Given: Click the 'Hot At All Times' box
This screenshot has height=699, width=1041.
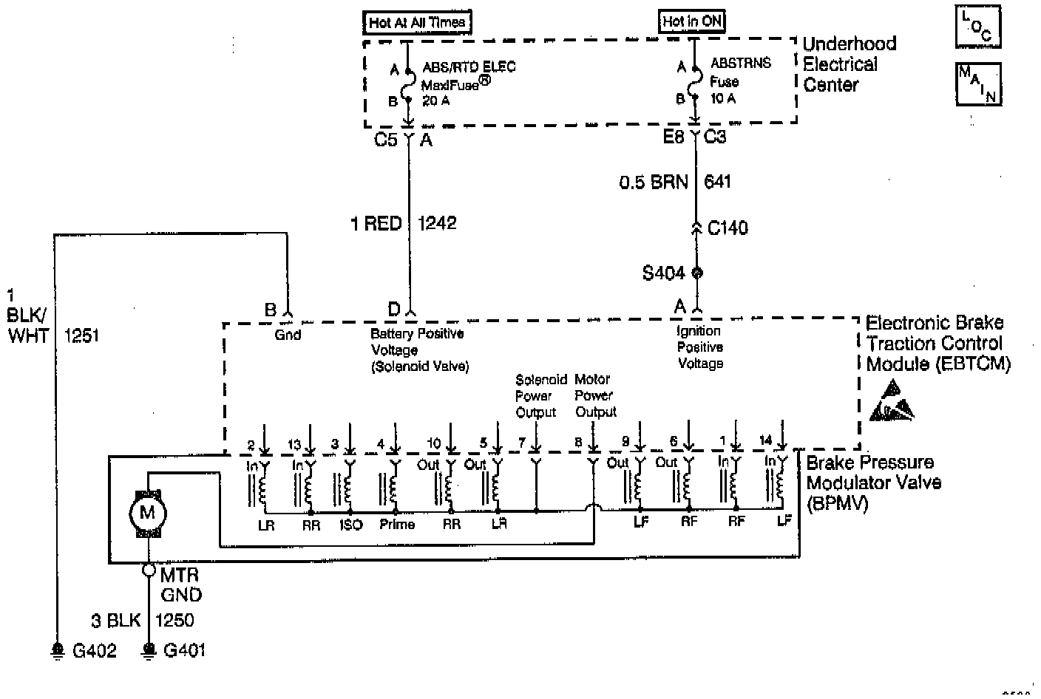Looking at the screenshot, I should pos(416,22).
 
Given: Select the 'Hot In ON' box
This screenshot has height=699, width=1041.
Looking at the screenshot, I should pos(691,21).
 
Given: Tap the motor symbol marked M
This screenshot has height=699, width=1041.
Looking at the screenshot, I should pos(148,513).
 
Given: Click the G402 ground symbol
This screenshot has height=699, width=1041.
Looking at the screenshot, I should pos(57,650).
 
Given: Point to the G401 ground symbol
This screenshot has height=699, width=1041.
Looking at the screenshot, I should pos(149,650).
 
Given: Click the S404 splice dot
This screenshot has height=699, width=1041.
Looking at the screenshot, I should pos(696,273).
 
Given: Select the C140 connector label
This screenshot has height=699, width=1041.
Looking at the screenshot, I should pos(728,228).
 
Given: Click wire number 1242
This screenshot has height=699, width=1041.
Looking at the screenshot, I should pos(437,223).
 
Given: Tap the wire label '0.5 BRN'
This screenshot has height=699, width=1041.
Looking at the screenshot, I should pos(653,182).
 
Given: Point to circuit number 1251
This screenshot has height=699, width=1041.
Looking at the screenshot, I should pos(81,335).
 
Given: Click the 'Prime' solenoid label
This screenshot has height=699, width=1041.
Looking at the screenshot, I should pos(397,525).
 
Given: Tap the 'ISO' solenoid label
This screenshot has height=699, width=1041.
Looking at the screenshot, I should pos(350,525).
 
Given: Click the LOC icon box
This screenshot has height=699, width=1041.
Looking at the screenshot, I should pos(978,28).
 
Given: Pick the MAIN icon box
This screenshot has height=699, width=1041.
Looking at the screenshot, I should pos(978,83).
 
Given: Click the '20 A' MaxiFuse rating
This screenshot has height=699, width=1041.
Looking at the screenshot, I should pos(435,100).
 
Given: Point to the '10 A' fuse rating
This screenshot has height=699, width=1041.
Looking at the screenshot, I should pos(723,98).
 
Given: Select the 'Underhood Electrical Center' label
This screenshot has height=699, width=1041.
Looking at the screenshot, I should pos(849,64).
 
